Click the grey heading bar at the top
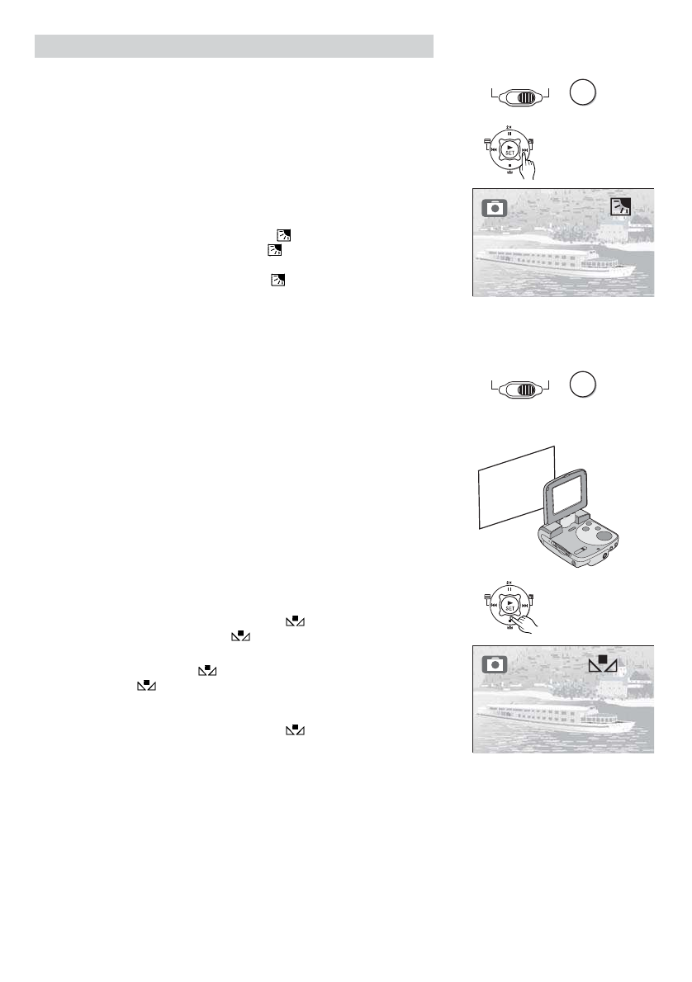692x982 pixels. coord(234,46)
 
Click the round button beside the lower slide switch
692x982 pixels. coord(582,385)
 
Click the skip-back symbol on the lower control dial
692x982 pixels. coord(493,604)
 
